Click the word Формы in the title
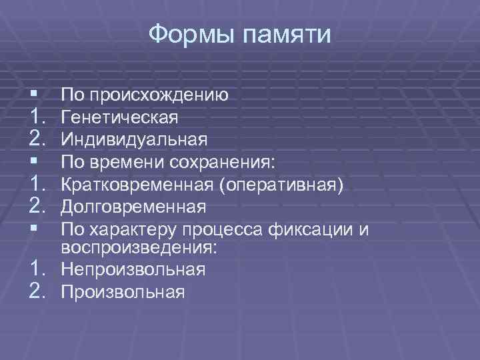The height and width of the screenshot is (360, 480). [187, 34]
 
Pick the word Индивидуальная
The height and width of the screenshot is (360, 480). [134, 139]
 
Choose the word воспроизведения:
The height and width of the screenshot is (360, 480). [139, 247]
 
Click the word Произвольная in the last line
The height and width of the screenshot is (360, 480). [123, 291]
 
